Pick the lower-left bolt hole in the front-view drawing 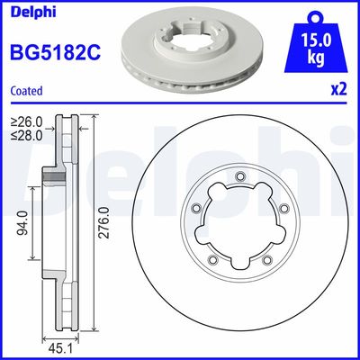click(x=211, y=261)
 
